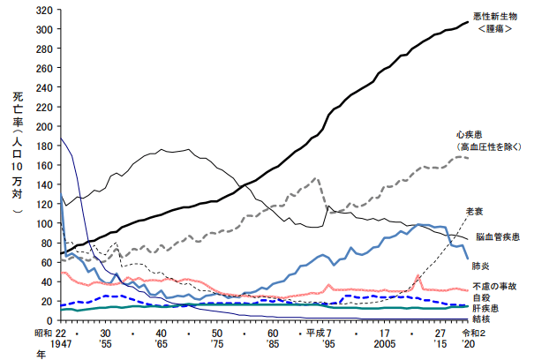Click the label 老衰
coord(476,210)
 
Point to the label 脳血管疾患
coord(497,237)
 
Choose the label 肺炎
coord(482,264)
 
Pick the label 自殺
coord(480,299)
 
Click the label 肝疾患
coord(485,310)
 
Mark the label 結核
coord(480,321)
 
